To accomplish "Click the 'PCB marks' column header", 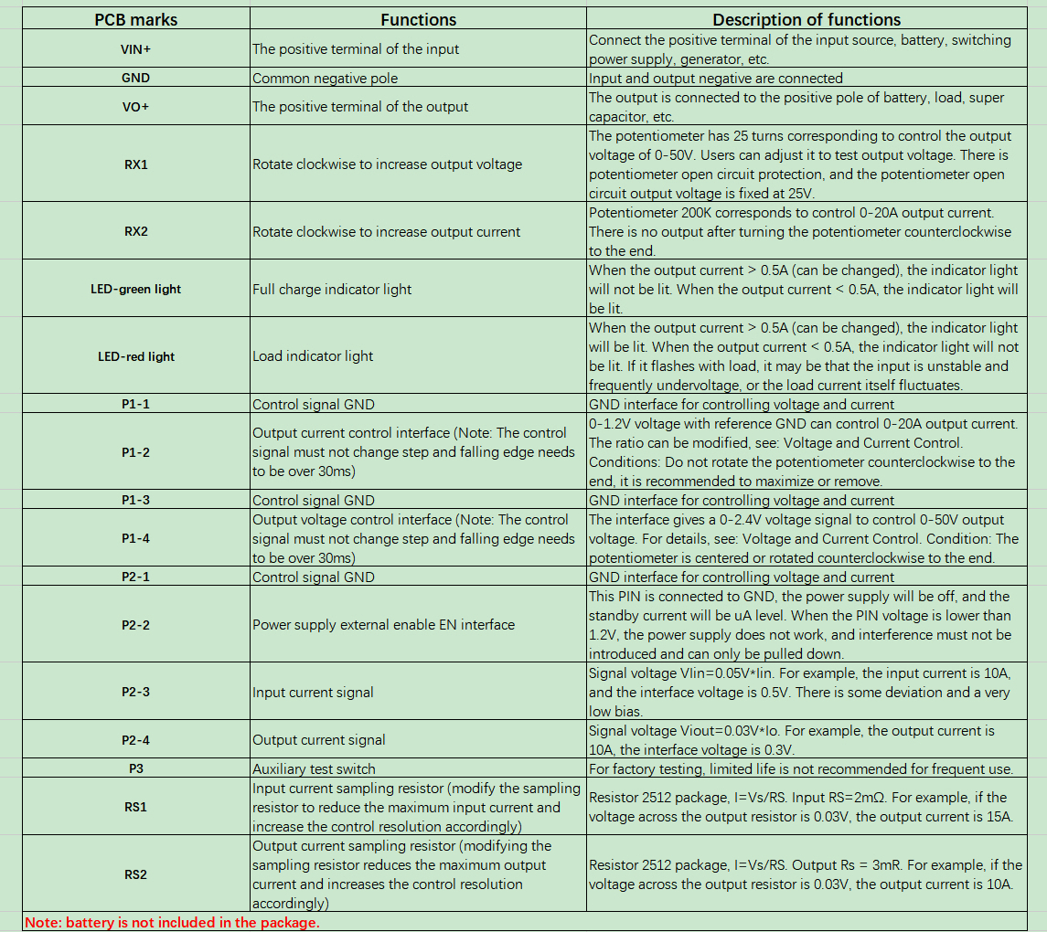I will click(x=135, y=19).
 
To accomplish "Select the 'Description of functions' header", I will click(x=806, y=19).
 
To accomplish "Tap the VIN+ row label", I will click(x=135, y=48).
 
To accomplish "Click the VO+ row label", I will click(x=135, y=107).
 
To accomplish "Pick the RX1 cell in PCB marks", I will click(x=135, y=164).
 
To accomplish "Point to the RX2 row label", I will click(x=135, y=231).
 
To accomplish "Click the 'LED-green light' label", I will click(x=135, y=289).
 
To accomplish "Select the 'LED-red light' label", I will click(x=135, y=356).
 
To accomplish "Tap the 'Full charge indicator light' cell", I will click(x=332, y=289).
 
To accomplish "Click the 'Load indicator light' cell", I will click(x=313, y=356).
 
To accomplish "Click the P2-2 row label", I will click(x=135, y=625).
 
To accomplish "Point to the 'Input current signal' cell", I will click(x=313, y=693).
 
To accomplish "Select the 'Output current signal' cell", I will click(x=318, y=740).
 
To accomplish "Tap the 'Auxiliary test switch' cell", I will click(x=314, y=769).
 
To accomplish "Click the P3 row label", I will click(x=135, y=769).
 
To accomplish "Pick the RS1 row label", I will click(x=135, y=808).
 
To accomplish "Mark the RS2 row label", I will click(x=135, y=874).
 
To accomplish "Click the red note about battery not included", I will click(x=172, y=923).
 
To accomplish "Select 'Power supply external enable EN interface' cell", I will click(x=383, y=625).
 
